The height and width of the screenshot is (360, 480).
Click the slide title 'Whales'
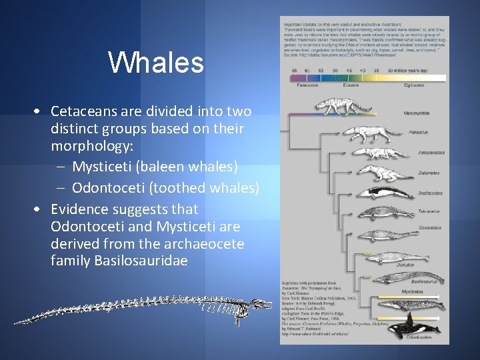(x=155, y=63)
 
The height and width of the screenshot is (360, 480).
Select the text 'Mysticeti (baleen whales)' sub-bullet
(x=155, y=165)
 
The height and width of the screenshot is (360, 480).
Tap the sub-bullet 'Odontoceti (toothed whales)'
(x=165, y=188)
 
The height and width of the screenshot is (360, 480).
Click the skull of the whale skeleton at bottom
(x=257, y=306)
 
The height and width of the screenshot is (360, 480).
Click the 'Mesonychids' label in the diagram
(x=417, y=113)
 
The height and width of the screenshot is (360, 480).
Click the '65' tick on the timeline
(x=294, y=70)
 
